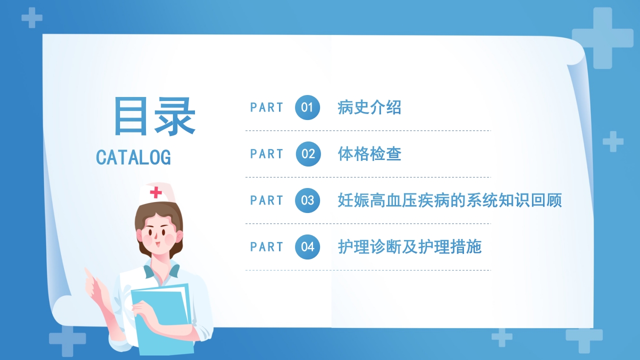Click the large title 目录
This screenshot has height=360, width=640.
pyautogui.click(x=154, y=116)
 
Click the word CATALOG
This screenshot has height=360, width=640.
pyautogui.click(x=133, y=157)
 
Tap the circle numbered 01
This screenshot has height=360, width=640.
pyautogui.click(x=307, y=107)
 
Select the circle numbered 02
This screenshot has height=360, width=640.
pyautogui.click(x=307, y=154)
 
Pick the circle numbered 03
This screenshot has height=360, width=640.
pyautogui.click(x=307, y=200)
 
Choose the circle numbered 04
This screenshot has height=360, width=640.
pyautogui.click(x=307, y=247)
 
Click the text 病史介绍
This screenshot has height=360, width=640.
pyautogui.click(x=369, y=107)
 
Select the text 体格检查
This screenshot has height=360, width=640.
pyautogui.click(x=369, y=154)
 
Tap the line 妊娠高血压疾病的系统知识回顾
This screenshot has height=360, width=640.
pyautogui.click(x=449, y=200)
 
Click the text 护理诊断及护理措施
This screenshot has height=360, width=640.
pyautogui.click(x=409, y=247)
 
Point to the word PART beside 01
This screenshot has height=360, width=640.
pyautogui.click(x=266, y=107)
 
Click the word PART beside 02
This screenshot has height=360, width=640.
pyautogui.click(x=266, y=154)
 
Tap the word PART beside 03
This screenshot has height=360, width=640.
pyautogui.click(x=266, y=200)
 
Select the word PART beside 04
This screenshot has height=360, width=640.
pyautogui.click(x=266, y=247)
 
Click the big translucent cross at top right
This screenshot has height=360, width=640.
pyautogui.click(x=602, y=38)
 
